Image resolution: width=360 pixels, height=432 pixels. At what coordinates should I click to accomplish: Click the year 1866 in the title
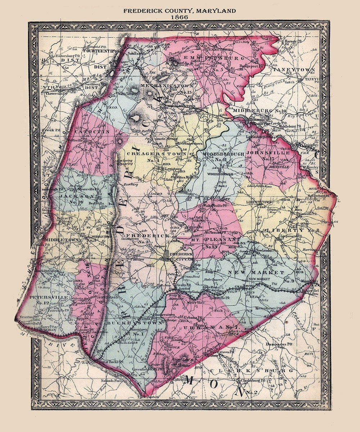(180, 17)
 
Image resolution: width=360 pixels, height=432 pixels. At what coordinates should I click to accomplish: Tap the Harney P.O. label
(293, 41)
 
